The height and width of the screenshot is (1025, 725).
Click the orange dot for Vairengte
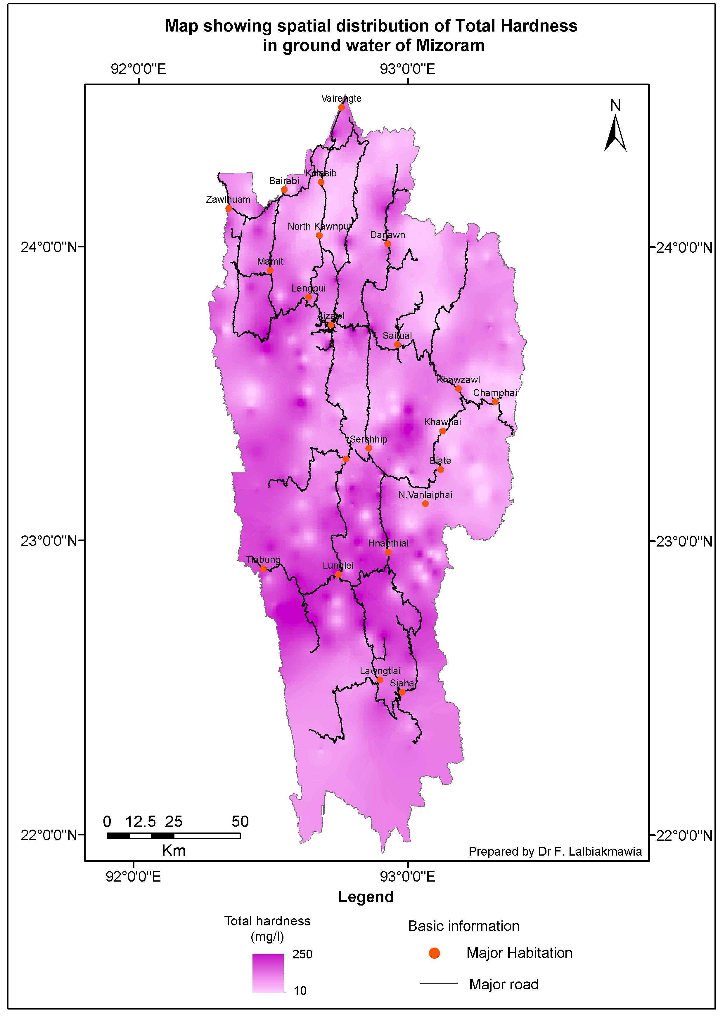coord(341,107)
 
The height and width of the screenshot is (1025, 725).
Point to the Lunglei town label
coord(338,566)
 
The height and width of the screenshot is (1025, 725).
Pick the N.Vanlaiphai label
coord(425,495)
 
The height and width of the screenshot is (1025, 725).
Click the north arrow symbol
coord(615,133)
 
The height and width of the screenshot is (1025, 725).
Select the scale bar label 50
coord(240,822)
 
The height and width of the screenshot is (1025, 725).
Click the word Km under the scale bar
coord(174,851)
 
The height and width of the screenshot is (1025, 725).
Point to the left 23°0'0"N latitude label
coord(49,541)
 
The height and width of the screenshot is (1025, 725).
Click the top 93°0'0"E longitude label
coord(407,69)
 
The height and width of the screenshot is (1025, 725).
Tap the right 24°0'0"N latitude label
coord(684,247)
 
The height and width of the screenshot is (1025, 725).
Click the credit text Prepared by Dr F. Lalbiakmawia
coord(555,852)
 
